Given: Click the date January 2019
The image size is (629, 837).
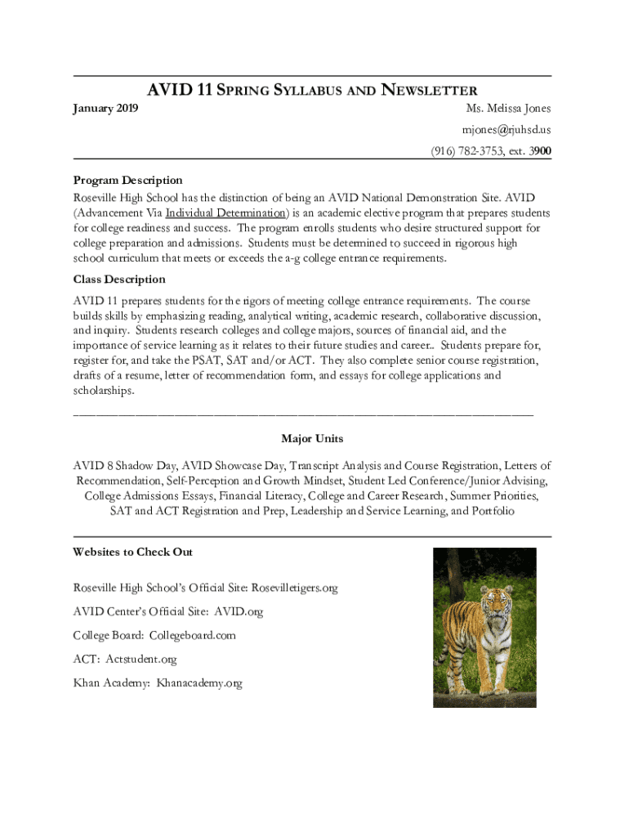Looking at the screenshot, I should tap(105, 108).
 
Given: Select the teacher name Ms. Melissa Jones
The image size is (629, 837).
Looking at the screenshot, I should tap(508, 108).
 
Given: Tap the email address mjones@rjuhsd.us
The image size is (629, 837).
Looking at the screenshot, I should tap(506, 129).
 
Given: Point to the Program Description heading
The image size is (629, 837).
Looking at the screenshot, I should tap(127, 180).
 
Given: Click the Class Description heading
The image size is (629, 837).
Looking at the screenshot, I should tap(119, 280).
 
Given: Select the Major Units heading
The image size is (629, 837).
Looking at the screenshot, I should tap(312, 439).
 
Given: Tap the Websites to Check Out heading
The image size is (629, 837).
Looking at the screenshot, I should tap(132, 552).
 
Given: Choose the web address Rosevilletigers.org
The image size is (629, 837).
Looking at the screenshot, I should tap(294, 588).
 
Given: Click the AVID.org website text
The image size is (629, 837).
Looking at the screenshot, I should tap(239, 611).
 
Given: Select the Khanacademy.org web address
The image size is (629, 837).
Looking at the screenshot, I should tap(199, 683).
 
